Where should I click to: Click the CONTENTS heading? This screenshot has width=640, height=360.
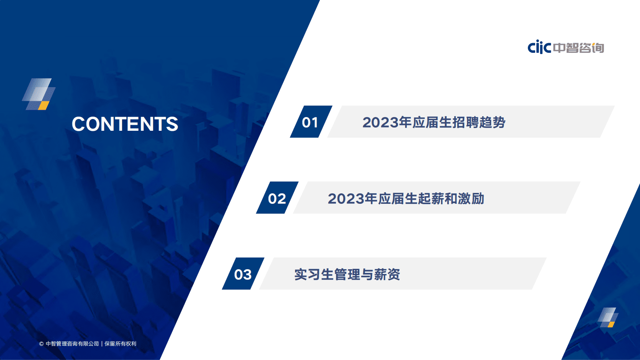[125, 124]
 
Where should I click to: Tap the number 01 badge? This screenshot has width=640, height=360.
[310, 122]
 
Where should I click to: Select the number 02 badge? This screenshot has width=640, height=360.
[277, 198]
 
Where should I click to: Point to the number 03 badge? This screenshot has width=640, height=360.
[243, 274]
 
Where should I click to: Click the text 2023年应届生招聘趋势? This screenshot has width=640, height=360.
[434, 122]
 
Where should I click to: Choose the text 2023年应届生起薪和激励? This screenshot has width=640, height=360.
[406, 199]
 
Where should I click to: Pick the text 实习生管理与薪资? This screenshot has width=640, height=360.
[347, 274]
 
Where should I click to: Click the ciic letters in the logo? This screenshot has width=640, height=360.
[539, 47]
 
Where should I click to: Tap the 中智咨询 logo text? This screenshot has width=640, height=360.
[579, 48]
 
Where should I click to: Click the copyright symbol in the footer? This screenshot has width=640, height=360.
[41, 344]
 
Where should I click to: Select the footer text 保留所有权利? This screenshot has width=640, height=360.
[121, 344]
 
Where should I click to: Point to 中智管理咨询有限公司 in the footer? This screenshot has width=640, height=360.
[72, 344]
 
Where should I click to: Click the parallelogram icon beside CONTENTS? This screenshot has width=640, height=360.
[39, 94]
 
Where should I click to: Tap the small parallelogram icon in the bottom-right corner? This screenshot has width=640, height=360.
[608, 317]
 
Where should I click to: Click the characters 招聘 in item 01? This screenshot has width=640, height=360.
[465, 122]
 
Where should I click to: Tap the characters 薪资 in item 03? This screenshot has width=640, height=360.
[387, 274]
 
